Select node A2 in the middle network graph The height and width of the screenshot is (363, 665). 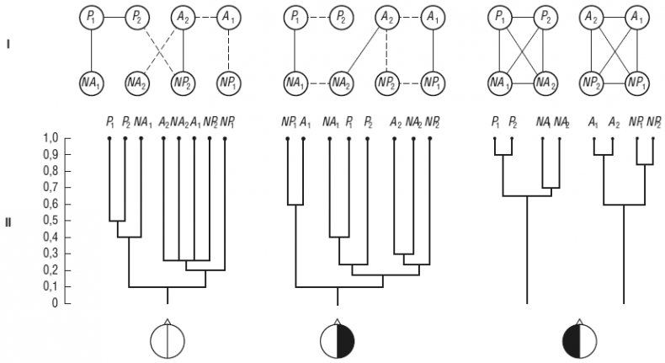tap(386, 16)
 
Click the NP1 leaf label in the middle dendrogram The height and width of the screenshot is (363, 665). tap(288, 123)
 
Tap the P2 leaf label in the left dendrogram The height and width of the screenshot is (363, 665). tap(125, 123)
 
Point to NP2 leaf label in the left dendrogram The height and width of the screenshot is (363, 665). tap(210, 123)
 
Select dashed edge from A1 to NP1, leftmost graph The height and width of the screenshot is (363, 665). tap(226, 49)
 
